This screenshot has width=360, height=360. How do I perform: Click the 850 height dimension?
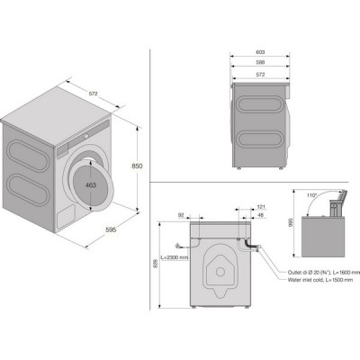click(137, 166)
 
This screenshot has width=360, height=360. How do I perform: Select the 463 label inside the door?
click(91, 184)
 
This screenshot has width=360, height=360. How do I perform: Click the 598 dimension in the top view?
click(260, 63)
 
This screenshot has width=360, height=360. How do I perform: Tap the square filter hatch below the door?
click(66, 217)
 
